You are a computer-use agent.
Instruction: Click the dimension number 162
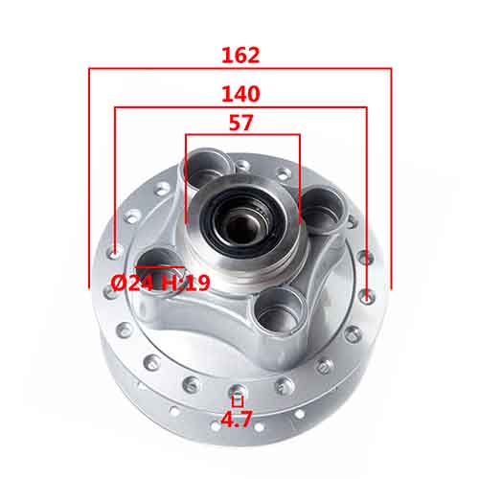coord(239,55)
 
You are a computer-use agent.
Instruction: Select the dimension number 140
coord(240,94)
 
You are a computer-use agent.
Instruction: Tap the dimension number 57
coord(241,123)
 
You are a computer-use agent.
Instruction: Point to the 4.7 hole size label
coord(238,419)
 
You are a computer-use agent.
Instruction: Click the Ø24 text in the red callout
coord(132,283)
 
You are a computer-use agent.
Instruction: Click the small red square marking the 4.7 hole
coord(238,401)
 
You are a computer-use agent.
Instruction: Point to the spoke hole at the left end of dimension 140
coord(115,253)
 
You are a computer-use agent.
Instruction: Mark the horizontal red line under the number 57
coord(242,134)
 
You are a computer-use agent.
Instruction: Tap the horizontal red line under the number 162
coord(239,68)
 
